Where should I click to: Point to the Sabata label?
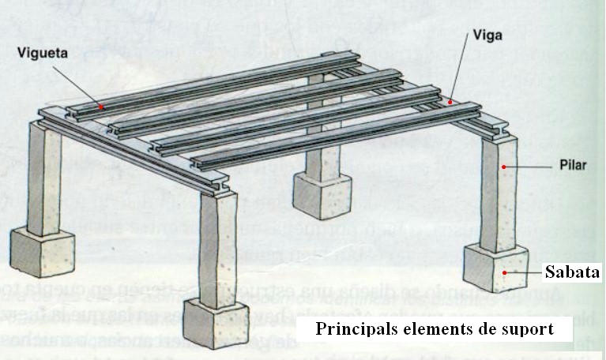pyautogui.click(x=572, y=273)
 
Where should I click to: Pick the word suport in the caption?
pyautogui.click(x=527, y=328)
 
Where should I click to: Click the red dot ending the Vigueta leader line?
pyautogui.click(x=102, y=105)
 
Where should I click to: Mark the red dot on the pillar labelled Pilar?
pyautogui.click(x=502, y=167)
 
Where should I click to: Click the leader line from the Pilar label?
pyautogui.click(x=525, y=167)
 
